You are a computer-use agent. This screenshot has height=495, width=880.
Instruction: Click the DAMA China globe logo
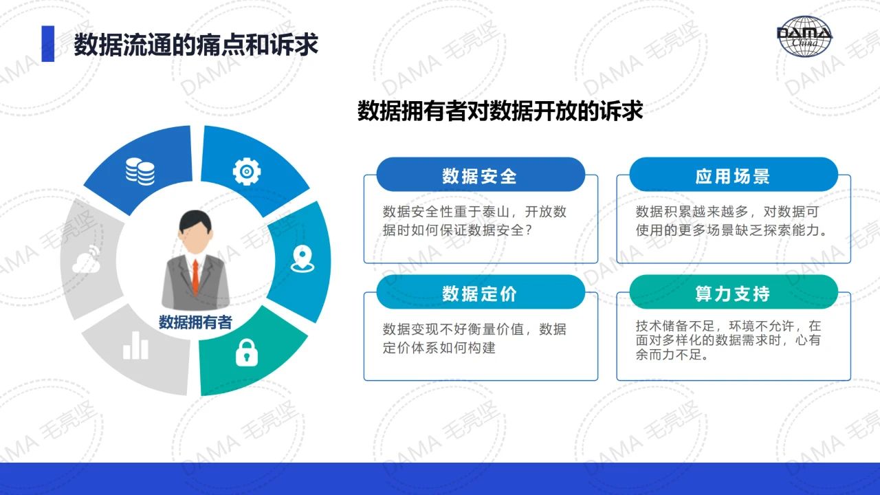click(804, 36)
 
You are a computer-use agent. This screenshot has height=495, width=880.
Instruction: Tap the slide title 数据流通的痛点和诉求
click(196, 45)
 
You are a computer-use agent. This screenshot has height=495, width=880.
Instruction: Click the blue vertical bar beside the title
click(48, 43)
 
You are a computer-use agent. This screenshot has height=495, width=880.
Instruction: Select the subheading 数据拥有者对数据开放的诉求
click(500, 111)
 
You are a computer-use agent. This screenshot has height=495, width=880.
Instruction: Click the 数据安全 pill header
click(481, 175)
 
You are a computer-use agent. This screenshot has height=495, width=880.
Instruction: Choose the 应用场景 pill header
click(734, 175)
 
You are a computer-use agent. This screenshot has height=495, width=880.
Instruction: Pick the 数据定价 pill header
click(481, 292)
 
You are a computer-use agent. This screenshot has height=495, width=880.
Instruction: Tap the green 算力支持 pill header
click(734, 292)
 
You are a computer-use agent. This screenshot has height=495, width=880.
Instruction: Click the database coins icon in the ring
click(140, 171)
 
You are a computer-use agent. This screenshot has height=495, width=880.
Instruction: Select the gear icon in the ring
click(247, 171)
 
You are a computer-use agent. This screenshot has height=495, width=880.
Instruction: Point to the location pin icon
click(302, 259)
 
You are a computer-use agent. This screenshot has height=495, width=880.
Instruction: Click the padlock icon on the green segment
click(247, 353)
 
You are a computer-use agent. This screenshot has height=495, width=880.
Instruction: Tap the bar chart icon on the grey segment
click(135, 345)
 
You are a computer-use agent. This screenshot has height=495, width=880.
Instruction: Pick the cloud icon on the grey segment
click(87, 259)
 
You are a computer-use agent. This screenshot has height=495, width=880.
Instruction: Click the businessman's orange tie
click(195, 276)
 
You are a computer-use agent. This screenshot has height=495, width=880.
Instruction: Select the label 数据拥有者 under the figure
click(195, 322)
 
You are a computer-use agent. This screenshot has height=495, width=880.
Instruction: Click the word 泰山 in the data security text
click(497, 212)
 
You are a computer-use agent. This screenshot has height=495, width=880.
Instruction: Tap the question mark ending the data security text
click(529, 230)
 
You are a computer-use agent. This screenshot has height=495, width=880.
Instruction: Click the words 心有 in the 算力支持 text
click(808, 340)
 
